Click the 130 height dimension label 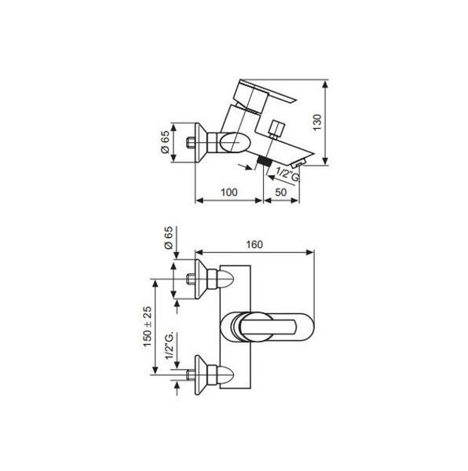(x=317, y=122)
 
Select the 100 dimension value (x=229, y=192)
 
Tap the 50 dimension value (x=281, y=192)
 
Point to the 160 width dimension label (x=254, y=244)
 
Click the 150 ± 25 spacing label (x=147, y=327)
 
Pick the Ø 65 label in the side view (x=165, y=142)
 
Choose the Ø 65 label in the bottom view (x=169, y=238)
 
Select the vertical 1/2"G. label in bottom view (x=170, y=345)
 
